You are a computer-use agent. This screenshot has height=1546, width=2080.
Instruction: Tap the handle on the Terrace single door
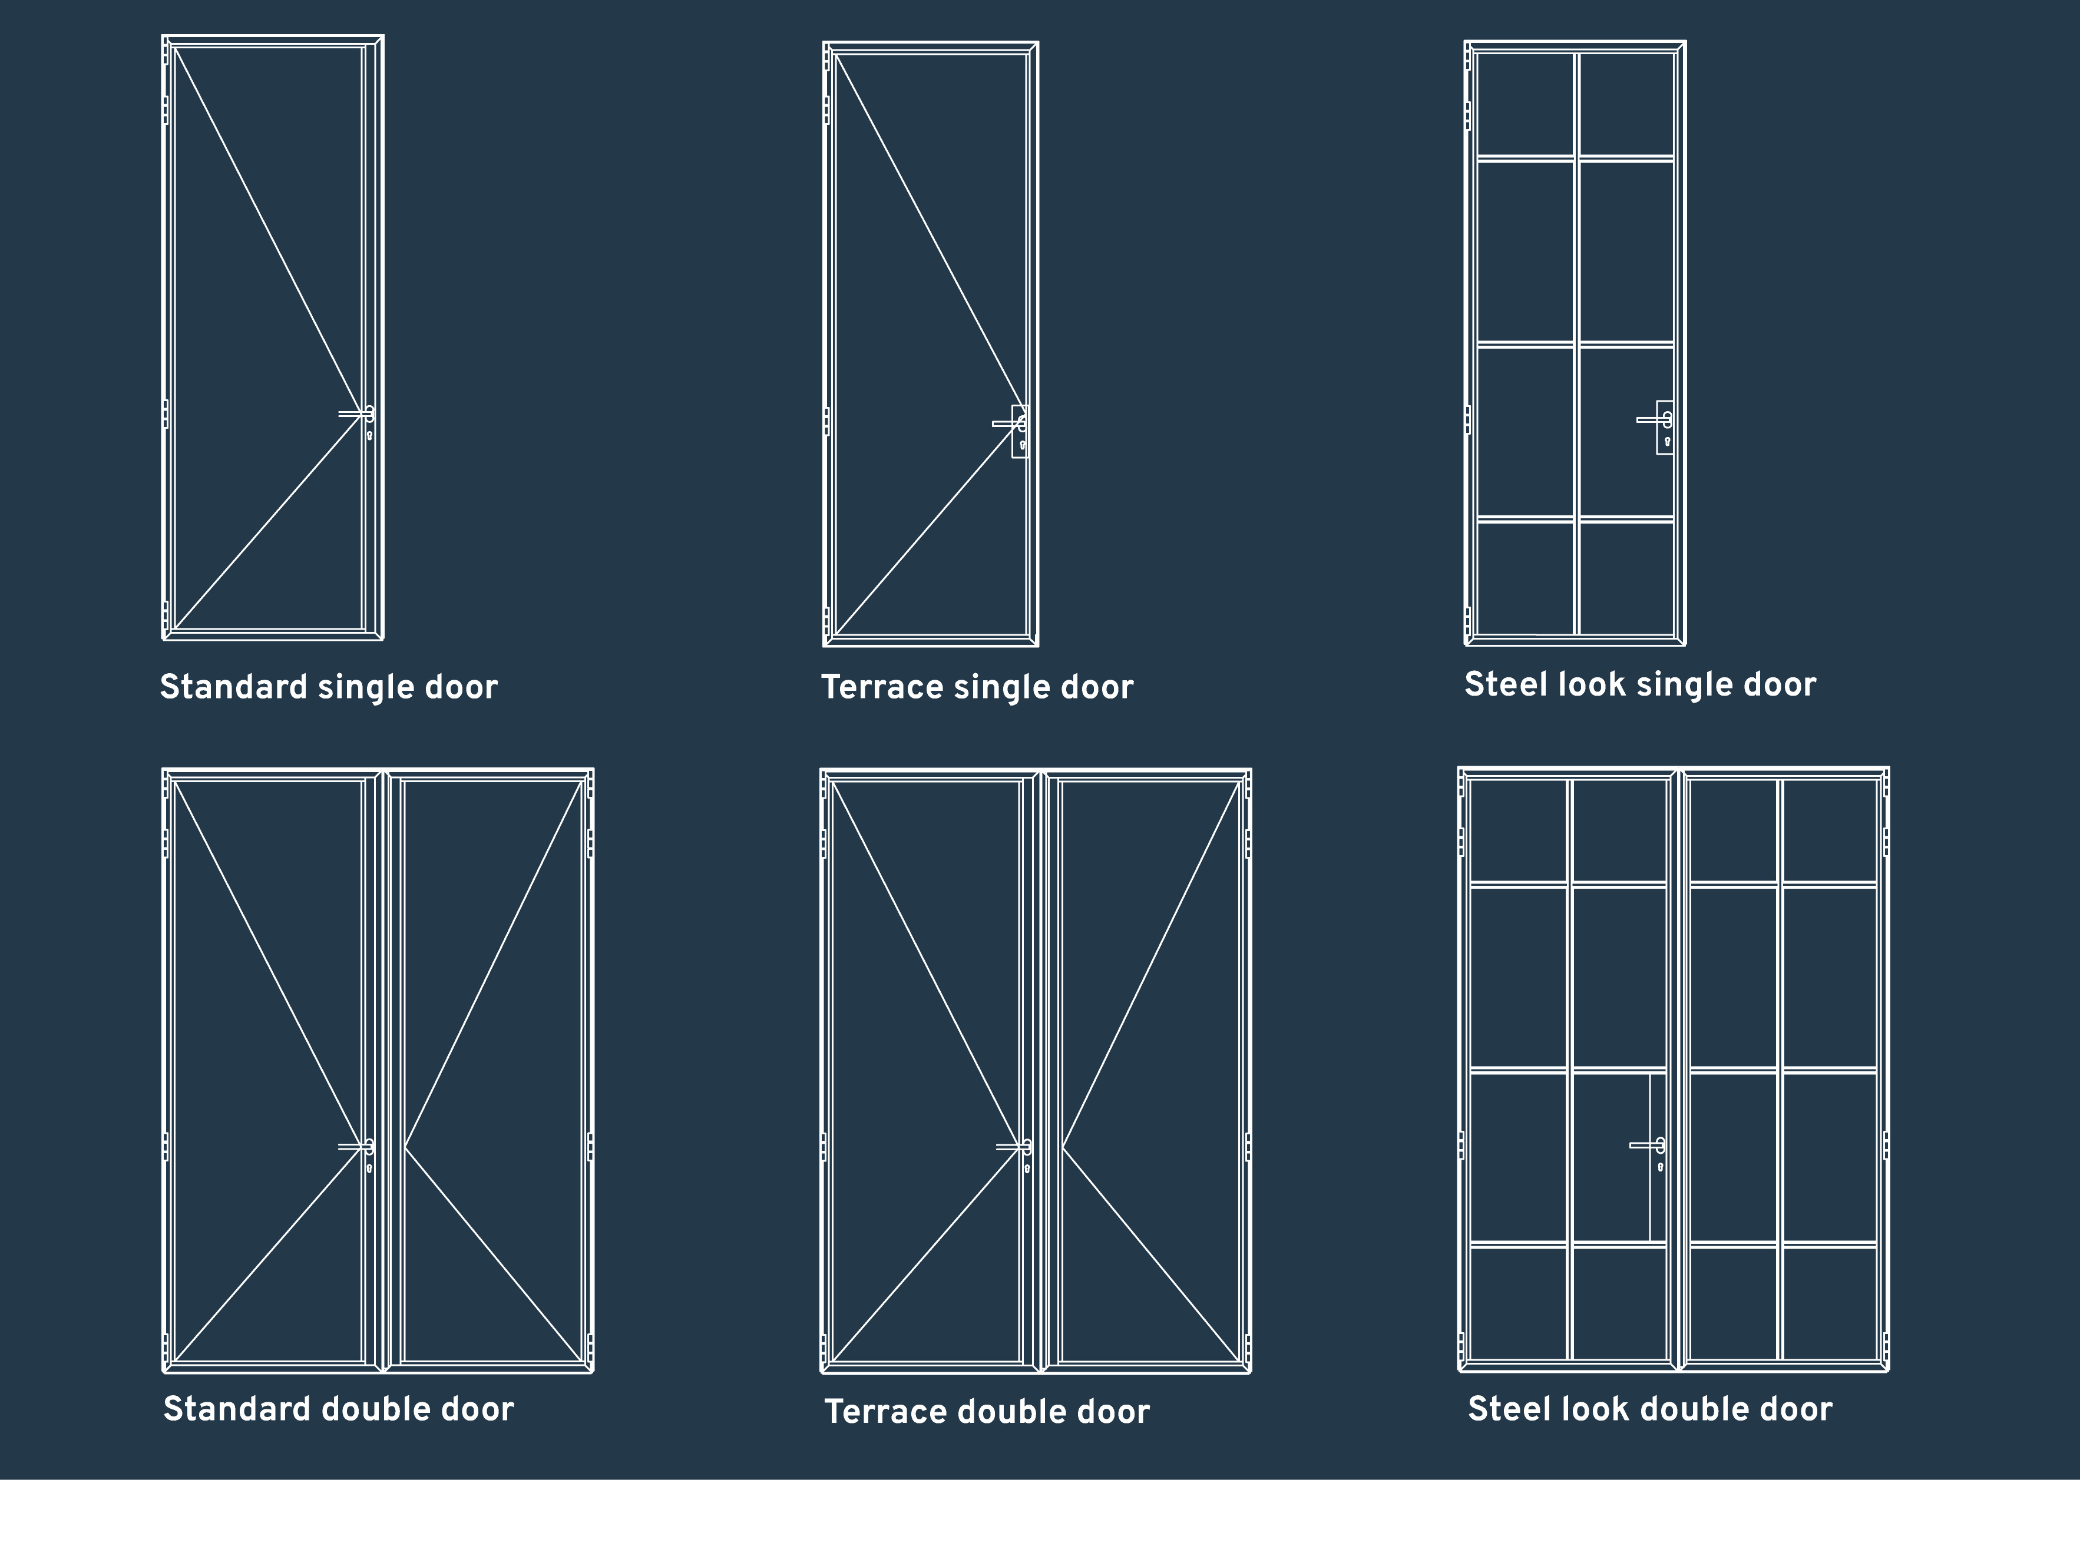click(x=1008, y=424)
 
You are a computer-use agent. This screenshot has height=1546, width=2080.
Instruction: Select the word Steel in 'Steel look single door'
click(x=1499, y=684)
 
